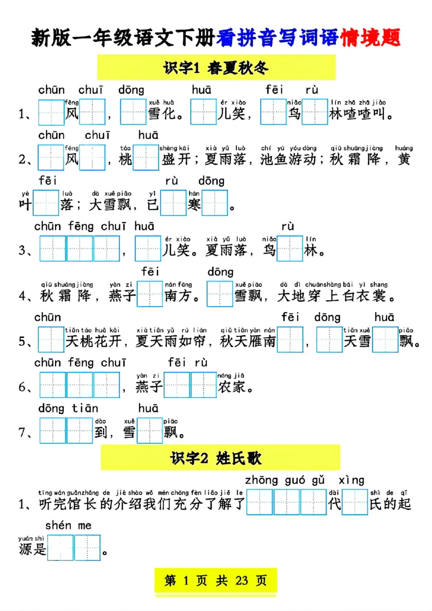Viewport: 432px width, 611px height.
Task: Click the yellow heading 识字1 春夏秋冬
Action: coord(216,68)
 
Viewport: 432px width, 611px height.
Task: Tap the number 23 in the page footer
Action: coord(241,581)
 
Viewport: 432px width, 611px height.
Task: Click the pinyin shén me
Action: coord(68,526)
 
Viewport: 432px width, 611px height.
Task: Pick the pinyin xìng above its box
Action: coord(351,480)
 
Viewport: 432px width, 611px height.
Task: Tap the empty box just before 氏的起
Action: coord(355,503)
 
